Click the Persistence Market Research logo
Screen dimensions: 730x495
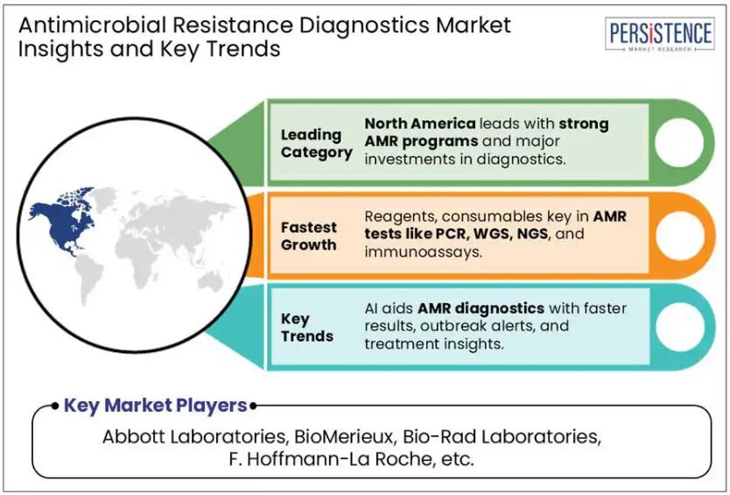(659, 34)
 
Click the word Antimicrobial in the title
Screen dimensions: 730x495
(92, 25)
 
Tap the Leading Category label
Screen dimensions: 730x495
(317, 144)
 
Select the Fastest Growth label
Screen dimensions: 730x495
(309, 236)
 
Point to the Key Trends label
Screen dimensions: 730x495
(307, 327)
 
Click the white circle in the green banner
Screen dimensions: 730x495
(679, 143)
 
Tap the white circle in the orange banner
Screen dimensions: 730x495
(680, 236)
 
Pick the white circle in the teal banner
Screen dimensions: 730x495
(680, 327)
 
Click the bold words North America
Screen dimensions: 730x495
(420, 124)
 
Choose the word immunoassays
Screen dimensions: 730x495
(422, 251)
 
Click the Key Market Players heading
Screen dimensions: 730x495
(155, 405)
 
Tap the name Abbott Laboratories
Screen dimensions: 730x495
(193, 436)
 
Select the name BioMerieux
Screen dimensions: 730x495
(344, 436)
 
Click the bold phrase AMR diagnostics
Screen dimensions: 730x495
(481, 308)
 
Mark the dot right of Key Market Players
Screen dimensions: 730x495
(253, 406)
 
